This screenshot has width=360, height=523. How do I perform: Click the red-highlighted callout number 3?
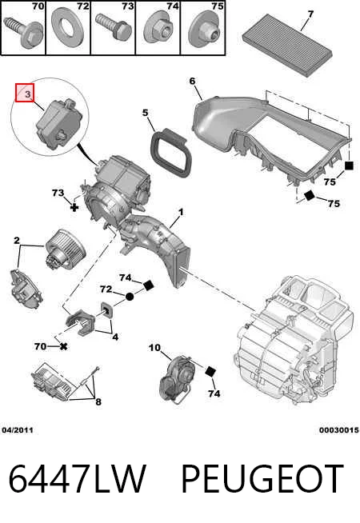coord(26,94)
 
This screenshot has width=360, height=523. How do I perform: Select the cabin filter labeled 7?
coord(287,44)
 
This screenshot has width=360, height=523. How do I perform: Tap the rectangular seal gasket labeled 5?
coord(171,152)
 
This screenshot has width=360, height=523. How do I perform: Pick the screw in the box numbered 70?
coord(23,31)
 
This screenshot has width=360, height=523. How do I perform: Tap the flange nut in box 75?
coord(205,30)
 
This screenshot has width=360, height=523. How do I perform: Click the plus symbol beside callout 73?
coord(74,207)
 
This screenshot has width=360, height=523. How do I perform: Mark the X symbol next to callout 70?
coord(63,347)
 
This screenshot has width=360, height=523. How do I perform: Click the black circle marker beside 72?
coord(130,296)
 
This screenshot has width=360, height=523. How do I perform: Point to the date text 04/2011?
coord(18,430)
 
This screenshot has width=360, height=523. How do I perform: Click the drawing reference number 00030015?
coord(339,430)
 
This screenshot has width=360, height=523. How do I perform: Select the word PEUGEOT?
coord(262,479)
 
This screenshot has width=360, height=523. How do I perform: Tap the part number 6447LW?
coord(78,479)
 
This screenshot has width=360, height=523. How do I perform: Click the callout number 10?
coord(154,348)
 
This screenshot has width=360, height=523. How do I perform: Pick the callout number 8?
coord(98,401)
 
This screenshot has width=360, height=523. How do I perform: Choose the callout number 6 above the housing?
coord(193,81)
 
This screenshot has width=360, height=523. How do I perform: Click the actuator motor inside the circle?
coord(58,124)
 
